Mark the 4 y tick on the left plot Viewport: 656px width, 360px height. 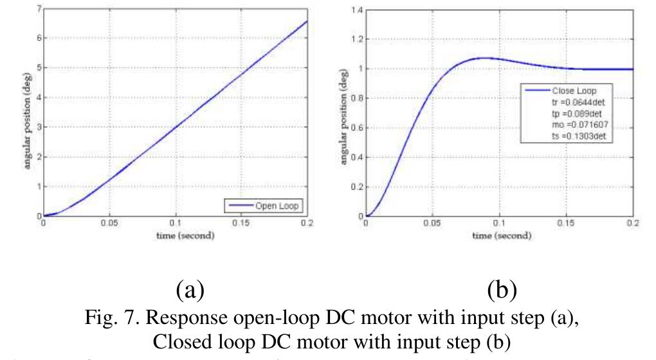(x=39, y=98)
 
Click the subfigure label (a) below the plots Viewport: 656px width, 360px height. (x=190, y=291)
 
